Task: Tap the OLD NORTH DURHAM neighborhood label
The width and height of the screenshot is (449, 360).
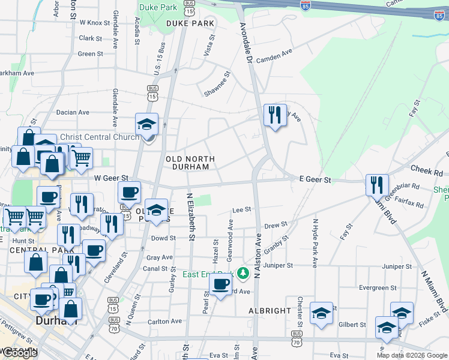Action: click(x=190, y=162)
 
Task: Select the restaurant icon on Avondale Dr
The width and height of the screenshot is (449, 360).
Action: click(x=275, y=115)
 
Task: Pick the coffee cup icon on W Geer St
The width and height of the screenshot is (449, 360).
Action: click(x=130, y=192)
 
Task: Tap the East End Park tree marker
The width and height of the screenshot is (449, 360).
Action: click(x=243, y=274)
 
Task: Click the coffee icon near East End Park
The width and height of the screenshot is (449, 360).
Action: click(x=220, y=284)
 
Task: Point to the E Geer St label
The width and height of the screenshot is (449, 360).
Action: click(x=315, y=179)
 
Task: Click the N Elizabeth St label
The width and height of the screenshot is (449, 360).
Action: click(x=191, y=217)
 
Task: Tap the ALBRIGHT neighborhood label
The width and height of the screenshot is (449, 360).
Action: click(x=270, y=311)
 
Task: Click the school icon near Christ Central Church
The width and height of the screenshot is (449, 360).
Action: click(x=146, y=124)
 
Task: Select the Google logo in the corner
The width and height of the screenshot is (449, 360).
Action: click(x=20, y=353)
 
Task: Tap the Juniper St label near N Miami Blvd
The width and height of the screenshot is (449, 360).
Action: click(x=396, y=266)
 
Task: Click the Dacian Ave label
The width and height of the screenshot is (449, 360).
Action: click(x=73, y=112)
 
